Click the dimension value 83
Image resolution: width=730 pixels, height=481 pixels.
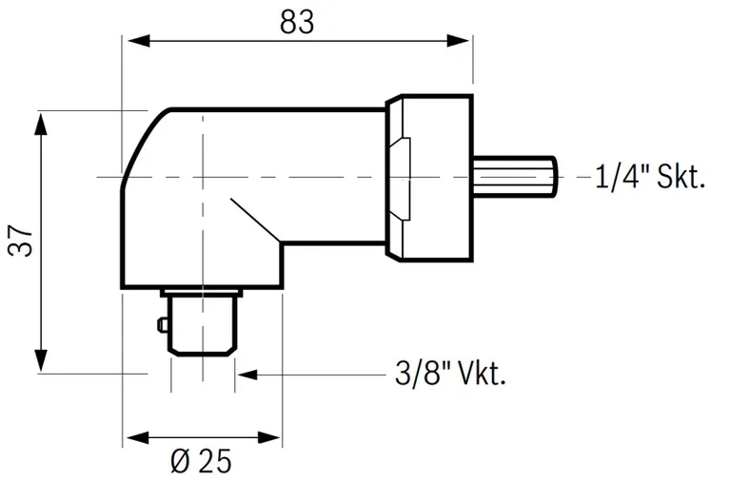pyautogui.click(x=297, y=20)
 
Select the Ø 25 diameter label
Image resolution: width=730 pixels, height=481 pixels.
pyautogui.click(x=201, y=462)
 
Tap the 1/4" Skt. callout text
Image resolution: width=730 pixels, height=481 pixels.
pyautogui.click(x=650, y=176)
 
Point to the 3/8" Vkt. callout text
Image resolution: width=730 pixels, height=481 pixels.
pyautogui.click(x=449, y=374)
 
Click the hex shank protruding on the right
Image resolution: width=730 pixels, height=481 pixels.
pyautogui.click(x=514, y=177)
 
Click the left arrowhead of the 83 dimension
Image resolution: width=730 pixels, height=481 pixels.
pyautogui.click(x=134, y=41)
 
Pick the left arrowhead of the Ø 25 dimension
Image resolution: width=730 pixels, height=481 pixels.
pyautogui.click(x=134, y=438)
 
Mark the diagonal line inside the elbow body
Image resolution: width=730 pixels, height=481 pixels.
pyautogui.click(x=251, y=219)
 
